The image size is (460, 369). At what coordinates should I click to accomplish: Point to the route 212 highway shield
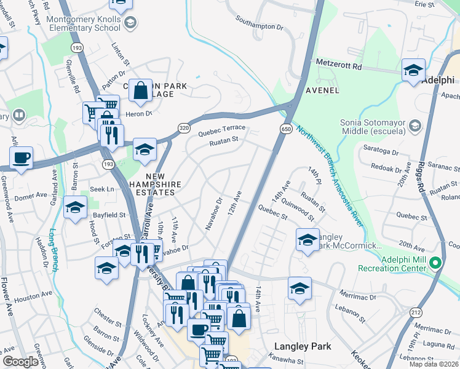(x=410, y=312)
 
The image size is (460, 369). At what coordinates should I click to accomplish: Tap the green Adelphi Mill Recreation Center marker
(x=436, y=264)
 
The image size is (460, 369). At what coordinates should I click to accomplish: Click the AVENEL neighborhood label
(x=322, y=90)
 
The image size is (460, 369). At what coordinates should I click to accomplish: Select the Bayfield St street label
(x=109, y=215)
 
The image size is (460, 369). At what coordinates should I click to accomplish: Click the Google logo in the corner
(x=20, y=362)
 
